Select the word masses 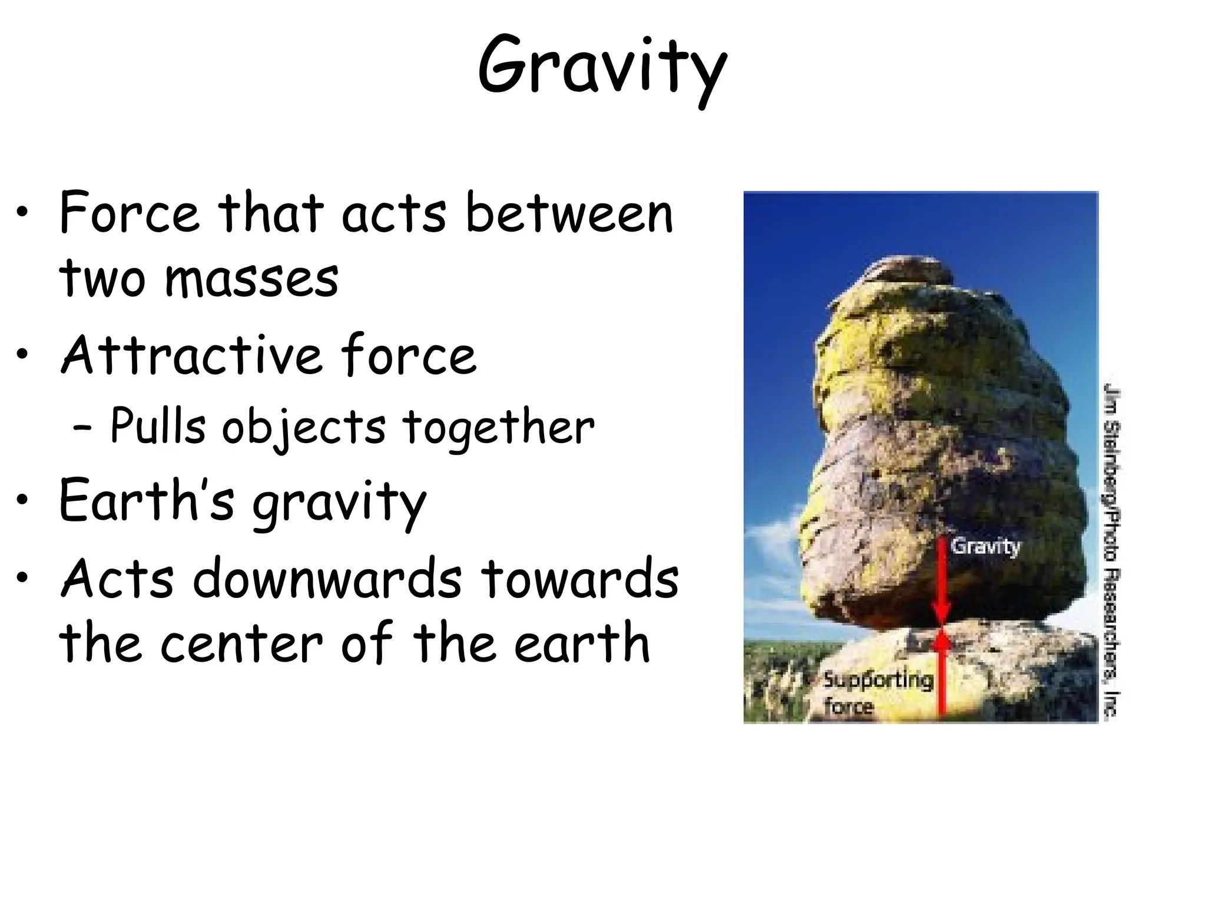coord(251,278)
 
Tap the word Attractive coord(191,355)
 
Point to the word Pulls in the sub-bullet coord(158,425)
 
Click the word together coord(498,428)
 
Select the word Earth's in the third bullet coord(147,501)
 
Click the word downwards coord(327,580)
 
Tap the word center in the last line coord(241,643)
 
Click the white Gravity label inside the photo coord(985,546)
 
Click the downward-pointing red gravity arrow coord(942,583)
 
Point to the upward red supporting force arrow coord(942,678)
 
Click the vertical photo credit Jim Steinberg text coord(1111,548)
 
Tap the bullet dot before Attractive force coord(22,355)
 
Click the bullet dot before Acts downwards coord(22,579)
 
